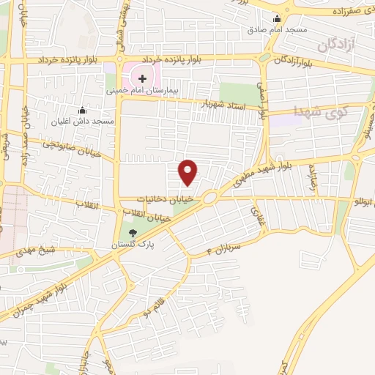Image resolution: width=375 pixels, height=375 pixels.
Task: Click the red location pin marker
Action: pos(189,172)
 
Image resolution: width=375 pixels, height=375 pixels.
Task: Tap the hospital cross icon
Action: pos(142,78)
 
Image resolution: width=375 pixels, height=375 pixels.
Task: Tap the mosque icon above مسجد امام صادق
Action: pos(278,20)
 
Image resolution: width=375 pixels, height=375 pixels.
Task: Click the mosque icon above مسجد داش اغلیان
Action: pos(81,110)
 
